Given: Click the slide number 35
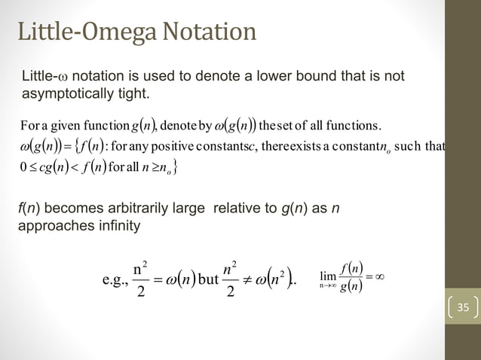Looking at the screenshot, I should pos(461,307).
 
